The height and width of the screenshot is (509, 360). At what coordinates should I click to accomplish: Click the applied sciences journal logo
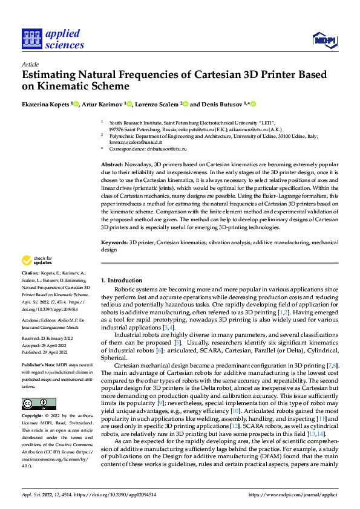[x=53, y=38]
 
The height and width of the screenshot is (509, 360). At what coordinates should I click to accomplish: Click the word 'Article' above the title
[x=30, y=63]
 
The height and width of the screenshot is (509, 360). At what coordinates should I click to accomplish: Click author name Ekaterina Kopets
[x=46, y=103]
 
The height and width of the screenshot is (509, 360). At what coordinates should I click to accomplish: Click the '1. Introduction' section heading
[x=122, y=280]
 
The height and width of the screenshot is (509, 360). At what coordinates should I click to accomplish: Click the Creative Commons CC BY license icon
[x=38, y=403]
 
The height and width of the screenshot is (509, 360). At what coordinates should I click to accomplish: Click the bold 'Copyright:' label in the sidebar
[x=33, y=417]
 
